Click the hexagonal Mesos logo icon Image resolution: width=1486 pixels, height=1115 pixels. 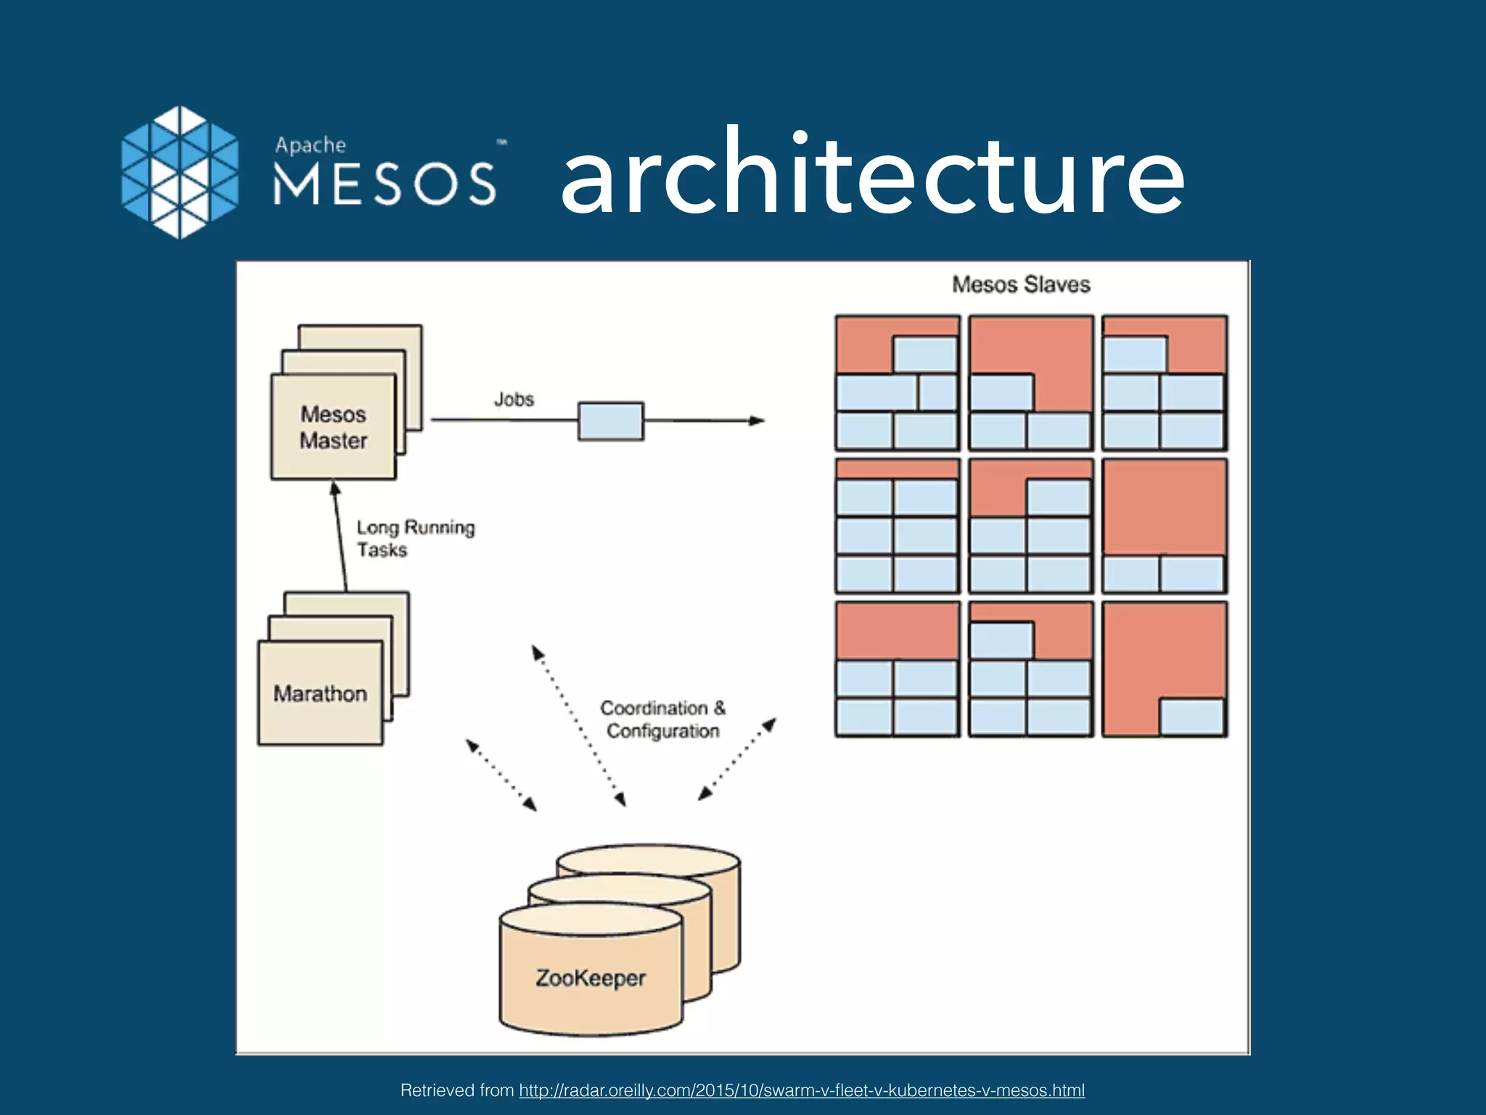(x=179, y=173)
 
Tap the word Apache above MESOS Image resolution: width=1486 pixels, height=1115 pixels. (x=311, y=145)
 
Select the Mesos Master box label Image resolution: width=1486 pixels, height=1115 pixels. (x=334, y=428)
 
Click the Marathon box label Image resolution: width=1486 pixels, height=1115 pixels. (x=320, y=694)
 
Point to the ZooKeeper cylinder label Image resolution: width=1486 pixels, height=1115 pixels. (x=591, y=978)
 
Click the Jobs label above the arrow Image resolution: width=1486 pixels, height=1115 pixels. (x=514, y=399)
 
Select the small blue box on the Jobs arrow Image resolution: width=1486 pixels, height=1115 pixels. (x=610, y=421)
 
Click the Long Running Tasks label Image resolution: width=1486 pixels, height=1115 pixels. (x=415, y=538)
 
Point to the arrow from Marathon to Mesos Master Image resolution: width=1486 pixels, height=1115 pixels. (x=340, y=537)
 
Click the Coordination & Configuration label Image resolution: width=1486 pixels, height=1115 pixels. (x=662, y=719)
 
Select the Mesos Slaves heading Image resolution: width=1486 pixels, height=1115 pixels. (x=1021, y=285)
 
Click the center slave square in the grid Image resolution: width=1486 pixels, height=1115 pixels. (x=1030, y=526)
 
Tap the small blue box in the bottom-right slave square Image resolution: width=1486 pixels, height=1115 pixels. (x=1191, y=716)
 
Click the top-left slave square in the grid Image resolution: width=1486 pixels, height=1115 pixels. (x=897, y=383)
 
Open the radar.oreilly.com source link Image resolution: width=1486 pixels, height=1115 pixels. (x=802, y=1090)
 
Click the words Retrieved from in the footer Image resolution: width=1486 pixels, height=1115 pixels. (x=457, y=1090)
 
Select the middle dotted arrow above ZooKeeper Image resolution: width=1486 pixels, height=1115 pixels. (x=578, y=725)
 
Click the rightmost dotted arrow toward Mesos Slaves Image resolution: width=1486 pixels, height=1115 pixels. (x=737, y=759)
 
